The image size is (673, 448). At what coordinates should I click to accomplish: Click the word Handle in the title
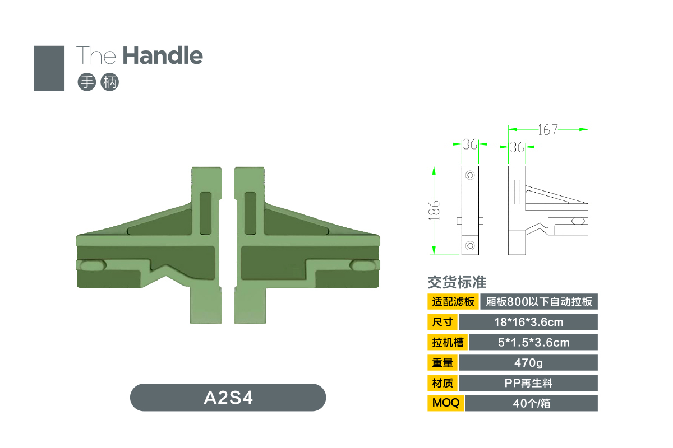point(163,55)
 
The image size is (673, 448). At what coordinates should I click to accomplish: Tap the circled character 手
point(87,82)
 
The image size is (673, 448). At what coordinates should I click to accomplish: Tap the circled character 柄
point(110,82)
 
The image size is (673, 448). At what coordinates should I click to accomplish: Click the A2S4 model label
point(228,398)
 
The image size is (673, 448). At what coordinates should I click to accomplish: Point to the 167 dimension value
point(547,130)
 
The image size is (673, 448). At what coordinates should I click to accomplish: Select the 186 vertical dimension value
point(434,211)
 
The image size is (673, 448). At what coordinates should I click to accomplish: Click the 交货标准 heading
point(457,282)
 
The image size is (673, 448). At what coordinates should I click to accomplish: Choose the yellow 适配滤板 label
point(453,302)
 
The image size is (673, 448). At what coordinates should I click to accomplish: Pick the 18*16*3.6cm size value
point(528,322)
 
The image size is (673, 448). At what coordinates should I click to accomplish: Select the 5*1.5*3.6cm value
point(533,342)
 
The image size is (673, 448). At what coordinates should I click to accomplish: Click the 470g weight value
point(528,363)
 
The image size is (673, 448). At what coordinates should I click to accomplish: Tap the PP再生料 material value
point(528,383)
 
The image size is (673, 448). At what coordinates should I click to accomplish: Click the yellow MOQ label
point(445,403)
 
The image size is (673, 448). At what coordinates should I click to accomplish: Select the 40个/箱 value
point(532,403)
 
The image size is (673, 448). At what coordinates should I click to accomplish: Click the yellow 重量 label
point(442,363)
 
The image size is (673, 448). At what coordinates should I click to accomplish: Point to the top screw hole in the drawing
point(470,175)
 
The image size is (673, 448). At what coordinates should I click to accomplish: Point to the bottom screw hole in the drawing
point(470,246)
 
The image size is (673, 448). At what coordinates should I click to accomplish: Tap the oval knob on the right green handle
point(363,265)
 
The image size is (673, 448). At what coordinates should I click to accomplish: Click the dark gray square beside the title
point(49,68)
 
